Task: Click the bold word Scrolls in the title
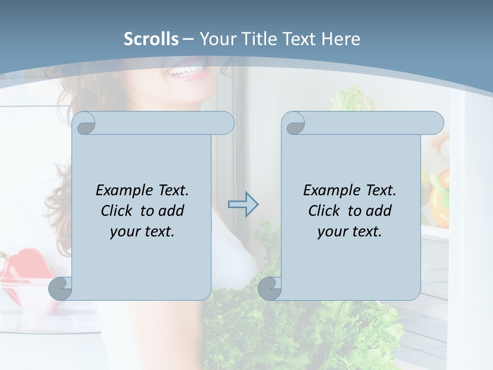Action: coord(151,39)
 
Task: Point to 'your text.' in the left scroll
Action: coord(142,232)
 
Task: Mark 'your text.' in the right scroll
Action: coord(350,232)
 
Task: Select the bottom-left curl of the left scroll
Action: coord(60,289)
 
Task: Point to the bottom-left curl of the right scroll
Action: coord(270,289)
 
